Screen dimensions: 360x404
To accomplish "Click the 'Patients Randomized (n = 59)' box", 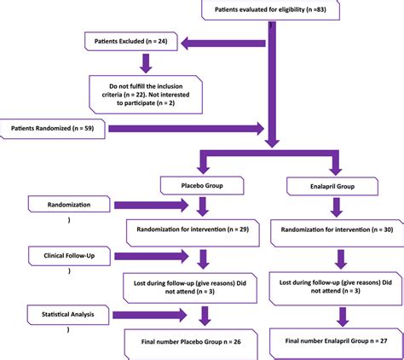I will (x=51, y=129).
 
